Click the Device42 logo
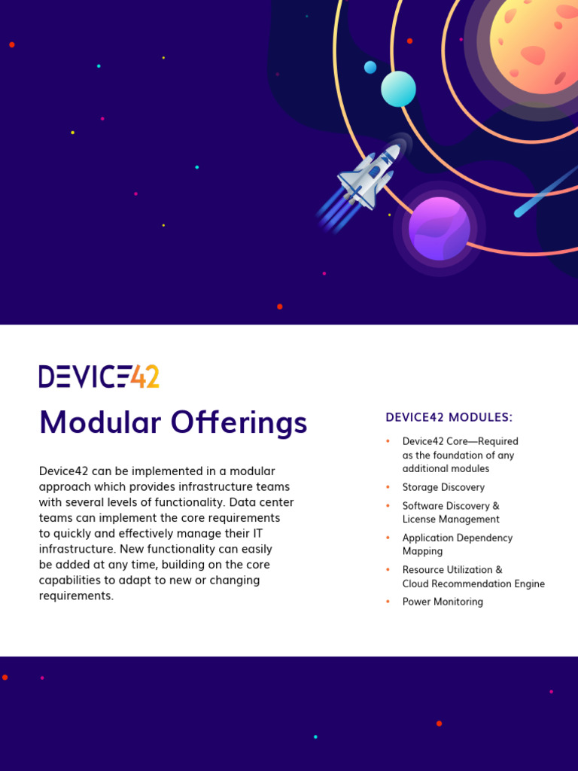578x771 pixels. pos(99,376)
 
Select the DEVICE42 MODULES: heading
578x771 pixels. pos(449,417)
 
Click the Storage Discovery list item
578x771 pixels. pos(443,487)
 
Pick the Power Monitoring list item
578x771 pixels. pos(443,602)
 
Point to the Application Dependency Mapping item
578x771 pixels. pos(457,544)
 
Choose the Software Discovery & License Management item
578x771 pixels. pos(451,513)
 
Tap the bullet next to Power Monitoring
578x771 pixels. pos(388,602)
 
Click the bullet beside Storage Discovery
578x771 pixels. pos(388,487)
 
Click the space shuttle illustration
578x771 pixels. pos(368,178)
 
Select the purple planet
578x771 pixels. pos(440,228)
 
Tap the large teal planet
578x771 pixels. pos(398,89)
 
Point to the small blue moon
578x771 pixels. pos(370,67)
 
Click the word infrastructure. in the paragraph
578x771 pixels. pos(75,549)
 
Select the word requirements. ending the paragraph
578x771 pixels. pos(76,596)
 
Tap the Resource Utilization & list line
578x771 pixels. pos(452,570)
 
